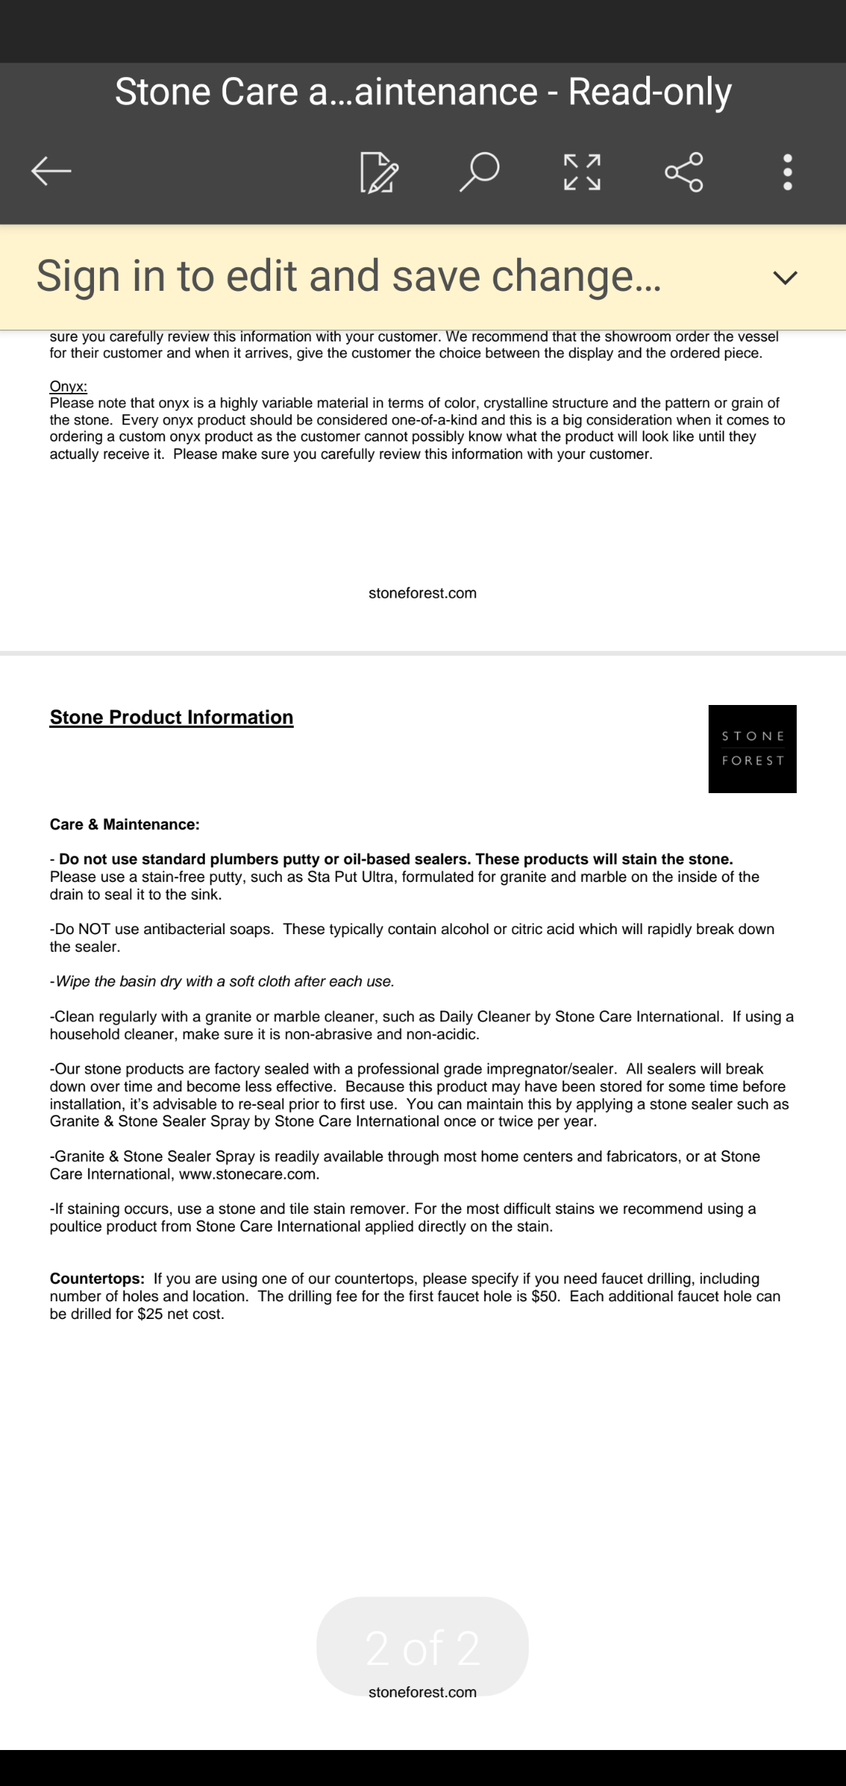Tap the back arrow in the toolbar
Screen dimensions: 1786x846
click(51, 172)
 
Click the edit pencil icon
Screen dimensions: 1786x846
click(379, 173)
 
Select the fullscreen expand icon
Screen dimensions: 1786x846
click(582, 173)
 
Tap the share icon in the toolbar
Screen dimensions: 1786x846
click(684, 173)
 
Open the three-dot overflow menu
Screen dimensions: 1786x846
click(787, 173)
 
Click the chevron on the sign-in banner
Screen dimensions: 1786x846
click(785, 278)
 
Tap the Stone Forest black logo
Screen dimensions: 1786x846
click(752, 748)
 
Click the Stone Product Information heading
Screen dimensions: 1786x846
click(171, 717)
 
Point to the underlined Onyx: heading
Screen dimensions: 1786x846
click(68, 386)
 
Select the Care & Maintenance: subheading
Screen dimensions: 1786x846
click(125, 825)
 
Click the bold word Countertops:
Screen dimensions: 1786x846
click(97, 1279)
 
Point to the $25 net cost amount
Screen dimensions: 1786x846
click(150, 1314)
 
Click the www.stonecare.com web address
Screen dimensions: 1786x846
click(249, 1174)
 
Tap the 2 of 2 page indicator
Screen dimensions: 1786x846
click(422, 1647)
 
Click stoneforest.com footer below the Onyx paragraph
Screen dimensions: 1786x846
click(422, 593)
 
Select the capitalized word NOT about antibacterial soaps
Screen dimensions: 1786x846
click(95, 930)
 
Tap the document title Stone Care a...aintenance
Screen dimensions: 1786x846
click(423, 92)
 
